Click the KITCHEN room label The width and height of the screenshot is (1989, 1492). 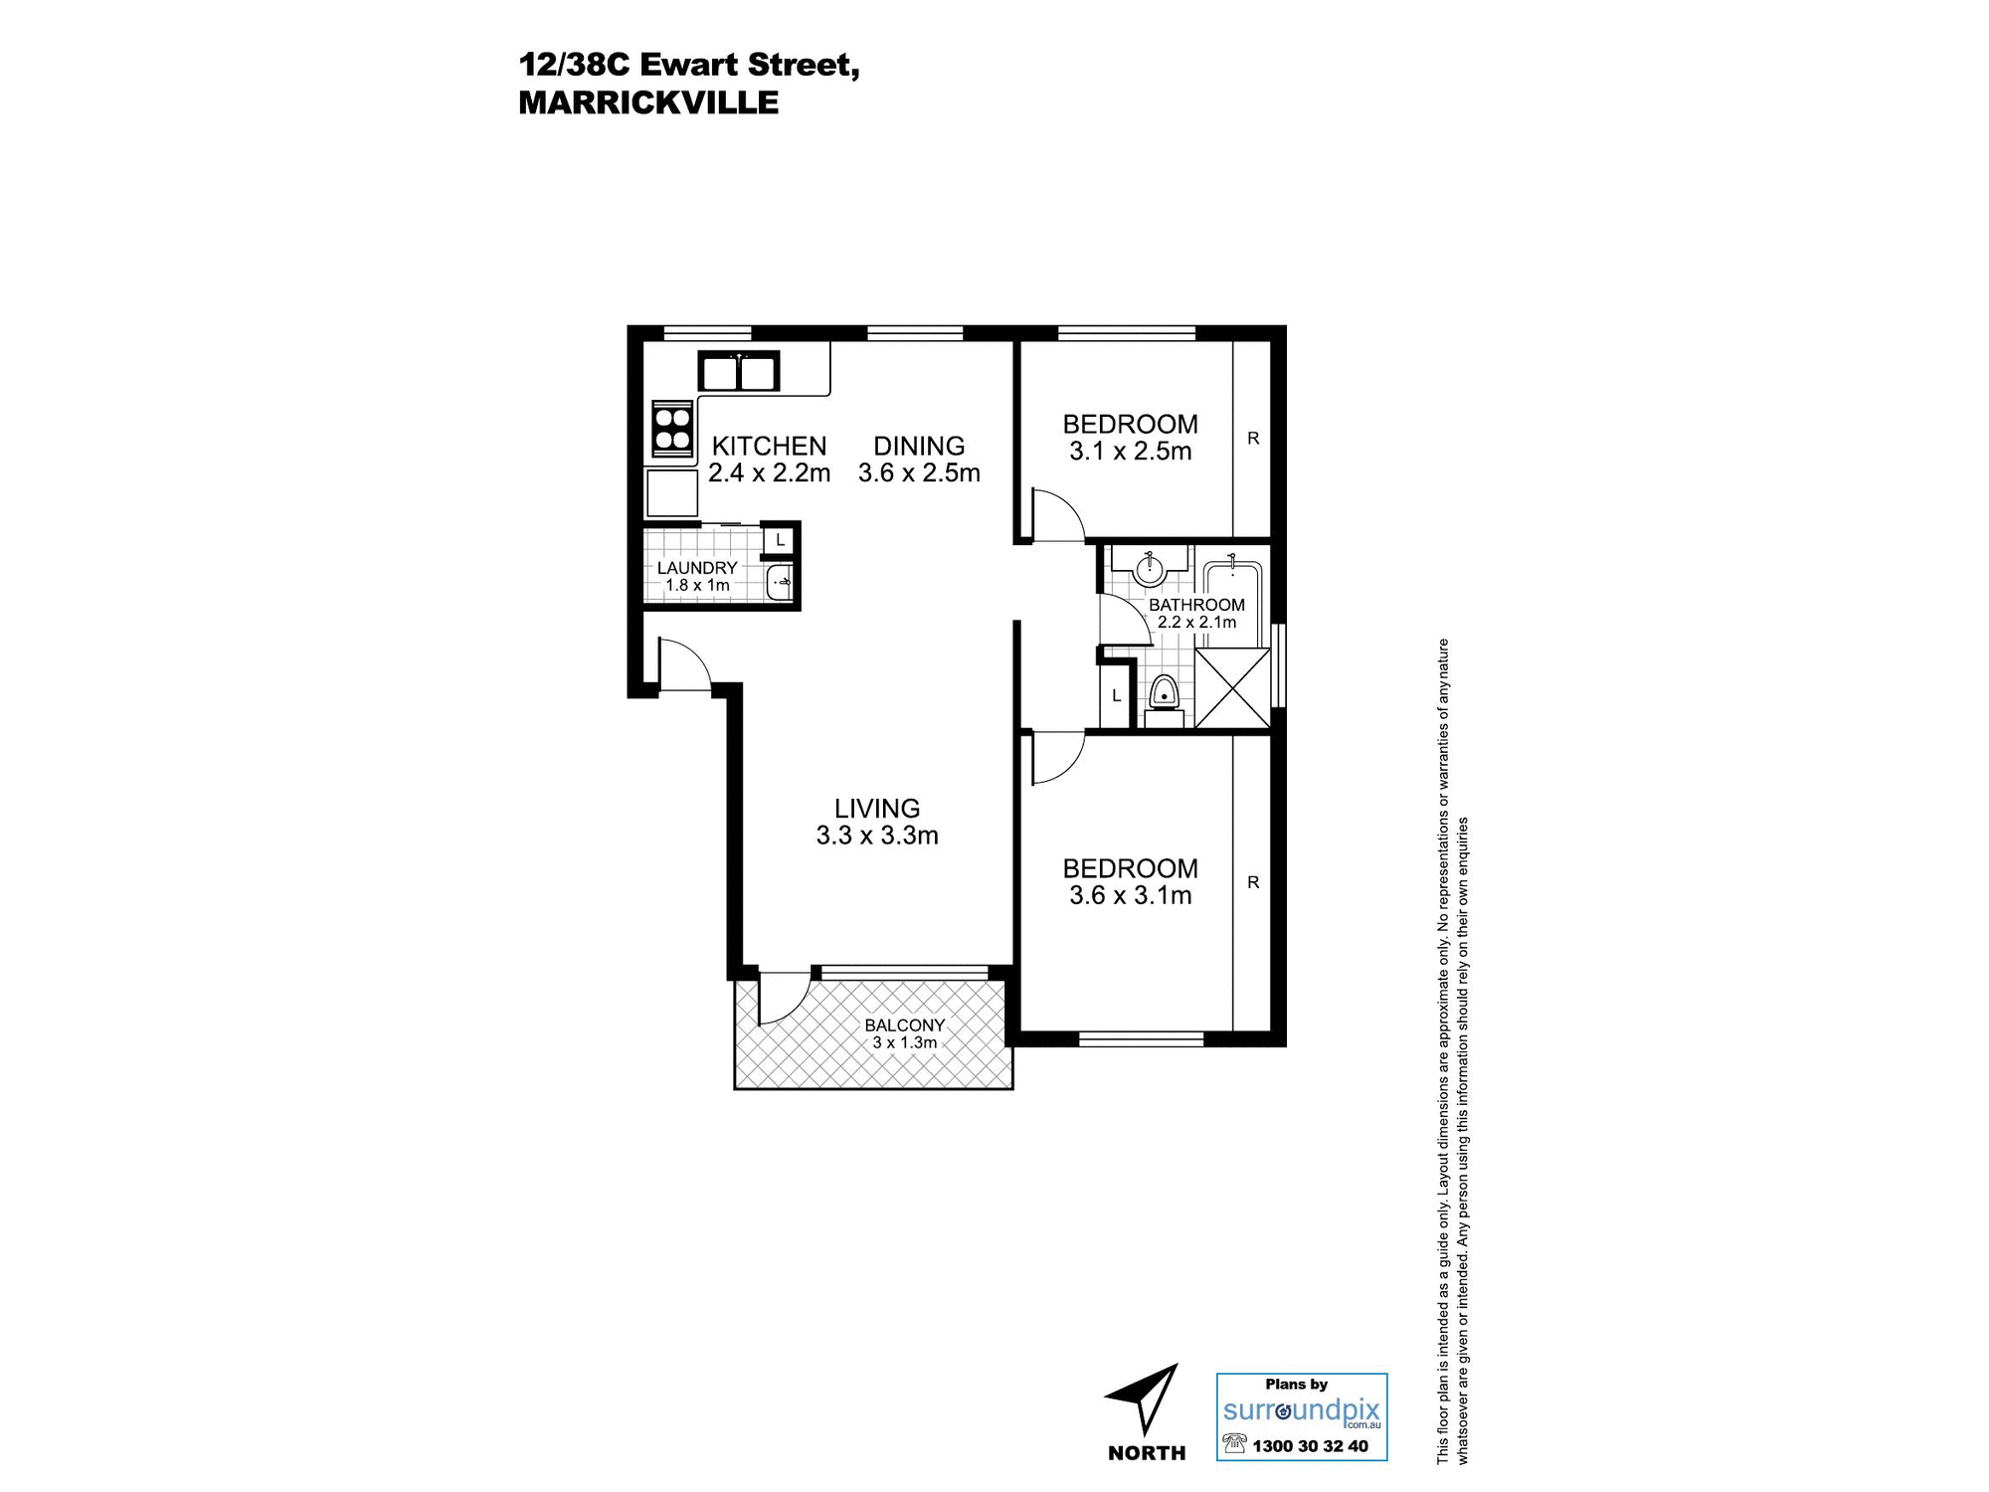point(769,446)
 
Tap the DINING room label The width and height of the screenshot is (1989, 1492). point(919,446)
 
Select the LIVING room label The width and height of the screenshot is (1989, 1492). point(877,809)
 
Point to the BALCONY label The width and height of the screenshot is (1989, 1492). point(904,1026)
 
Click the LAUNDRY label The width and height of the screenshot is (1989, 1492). point(697,568)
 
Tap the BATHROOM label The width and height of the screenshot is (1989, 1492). point(1196,605)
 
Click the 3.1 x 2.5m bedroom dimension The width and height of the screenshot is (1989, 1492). point(1131,452)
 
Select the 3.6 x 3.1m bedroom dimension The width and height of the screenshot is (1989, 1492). point(1131,895)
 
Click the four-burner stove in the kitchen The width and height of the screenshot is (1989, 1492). point(672,428)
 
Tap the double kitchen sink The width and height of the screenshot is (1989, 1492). point(739,372)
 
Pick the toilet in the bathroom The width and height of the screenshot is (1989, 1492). point(1164,693)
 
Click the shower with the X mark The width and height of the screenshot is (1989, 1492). point(1232,687)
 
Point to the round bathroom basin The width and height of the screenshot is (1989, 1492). point(1150,568)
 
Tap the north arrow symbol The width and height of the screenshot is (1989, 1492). point(1145,1398)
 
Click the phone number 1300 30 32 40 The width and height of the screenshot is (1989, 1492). point(1310,1446)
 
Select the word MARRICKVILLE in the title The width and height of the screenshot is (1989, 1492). point(648,102)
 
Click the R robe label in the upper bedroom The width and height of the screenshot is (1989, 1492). point(1253,438)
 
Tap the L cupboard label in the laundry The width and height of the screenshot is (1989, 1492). point(781,541)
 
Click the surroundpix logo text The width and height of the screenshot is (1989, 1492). point(1302,1410)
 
